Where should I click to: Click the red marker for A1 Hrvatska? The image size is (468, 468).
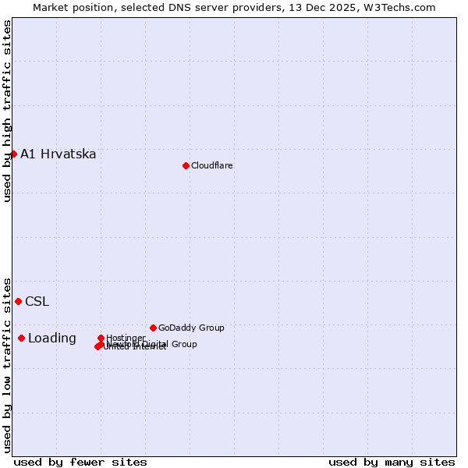coord(13,154)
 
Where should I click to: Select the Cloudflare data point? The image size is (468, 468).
coord(186,165)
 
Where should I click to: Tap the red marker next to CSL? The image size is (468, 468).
coord(18,301)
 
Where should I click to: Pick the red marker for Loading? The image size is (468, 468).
coord(21,338)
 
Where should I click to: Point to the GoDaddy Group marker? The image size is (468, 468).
coord(153,328)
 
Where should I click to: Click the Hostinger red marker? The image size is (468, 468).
coord(101,338)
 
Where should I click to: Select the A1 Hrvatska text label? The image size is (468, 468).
coord(58,154)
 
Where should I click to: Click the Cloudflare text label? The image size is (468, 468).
coord(212,165)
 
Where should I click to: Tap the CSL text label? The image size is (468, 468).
coord(37,301)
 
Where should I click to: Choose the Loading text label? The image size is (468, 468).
coord(52,338)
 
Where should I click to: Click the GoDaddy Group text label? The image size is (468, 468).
coord(191,328)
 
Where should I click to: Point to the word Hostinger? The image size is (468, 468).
coord(126,338)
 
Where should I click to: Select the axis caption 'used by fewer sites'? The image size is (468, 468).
coord(80,462)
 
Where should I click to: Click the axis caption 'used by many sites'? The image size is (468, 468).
coord(392,462)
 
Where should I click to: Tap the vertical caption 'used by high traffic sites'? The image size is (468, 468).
coord(7,111)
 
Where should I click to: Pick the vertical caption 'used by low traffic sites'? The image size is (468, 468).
coord(7,364)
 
